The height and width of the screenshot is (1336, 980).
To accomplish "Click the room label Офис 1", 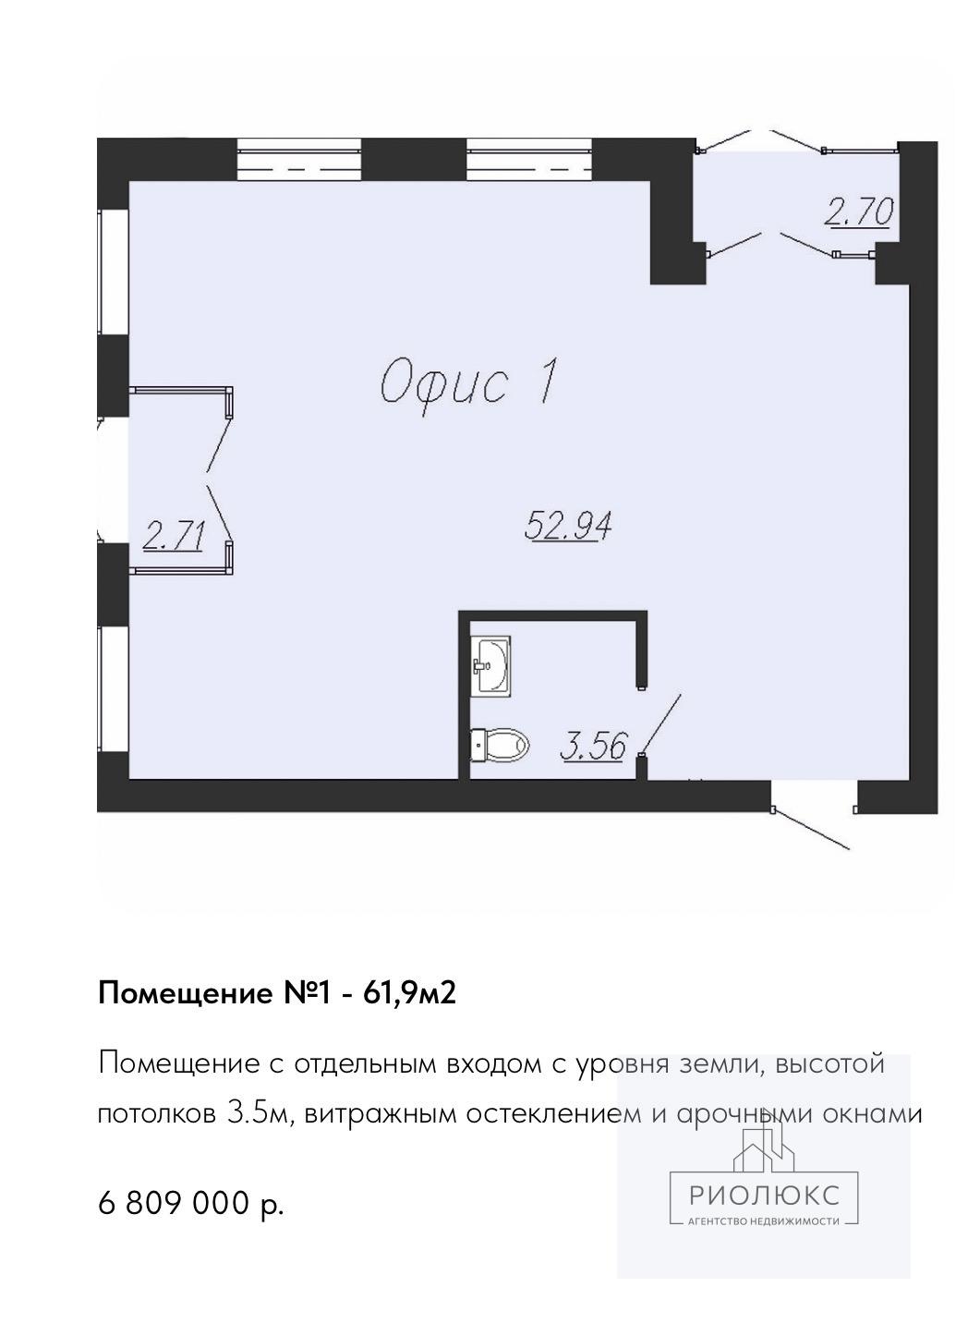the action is tap(469, 383).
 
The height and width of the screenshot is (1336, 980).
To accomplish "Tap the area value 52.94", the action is tap(567, 526).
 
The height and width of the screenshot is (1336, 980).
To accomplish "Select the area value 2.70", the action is tap(859, 212).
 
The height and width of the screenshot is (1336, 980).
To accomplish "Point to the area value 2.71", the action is tap(174, 535).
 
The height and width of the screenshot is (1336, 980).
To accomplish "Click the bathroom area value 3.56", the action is tap(593, 747).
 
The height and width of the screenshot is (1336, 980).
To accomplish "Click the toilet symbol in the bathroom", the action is tap(500, 745).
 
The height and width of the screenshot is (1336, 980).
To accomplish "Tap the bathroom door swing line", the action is tap(661, 723).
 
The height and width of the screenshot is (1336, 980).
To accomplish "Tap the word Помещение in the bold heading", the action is tap(184, 995).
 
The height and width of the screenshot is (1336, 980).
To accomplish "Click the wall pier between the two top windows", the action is tap(415, 159).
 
